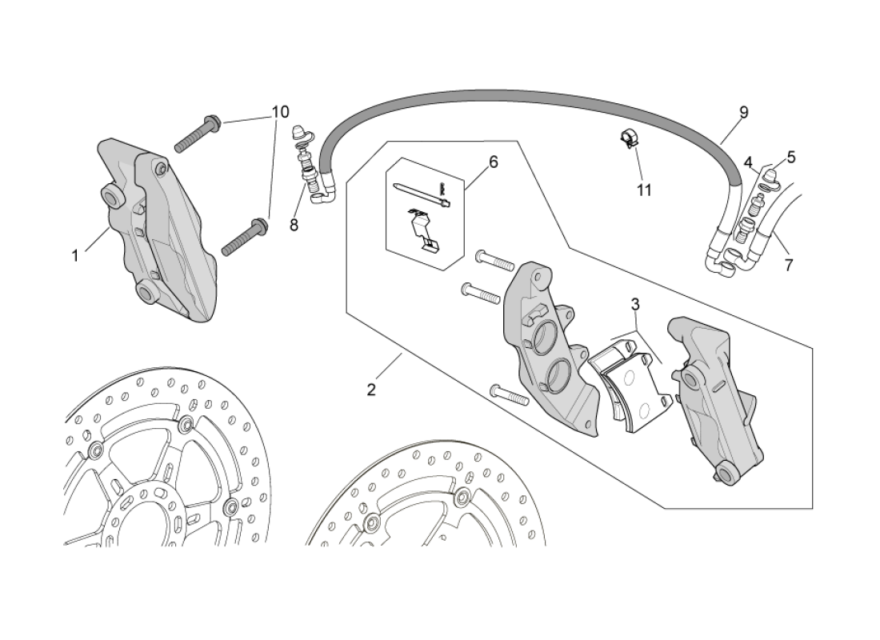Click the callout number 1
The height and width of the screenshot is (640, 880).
coord(75,256)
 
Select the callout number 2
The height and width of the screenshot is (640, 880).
coord(371,390)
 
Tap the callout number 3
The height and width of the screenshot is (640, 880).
coord(634,305)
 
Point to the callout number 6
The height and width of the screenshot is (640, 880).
coord(493,162)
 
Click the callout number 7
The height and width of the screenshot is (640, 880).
coord(789,265)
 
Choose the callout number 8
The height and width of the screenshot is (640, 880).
coord(294,225)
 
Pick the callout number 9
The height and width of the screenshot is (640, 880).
coord(743,113)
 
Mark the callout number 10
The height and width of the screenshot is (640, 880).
coord(279,111)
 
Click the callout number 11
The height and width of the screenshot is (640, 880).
coord(644,190)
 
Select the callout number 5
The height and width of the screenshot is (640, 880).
coord(790,158)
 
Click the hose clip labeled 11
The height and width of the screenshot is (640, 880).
coord(630,139)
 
